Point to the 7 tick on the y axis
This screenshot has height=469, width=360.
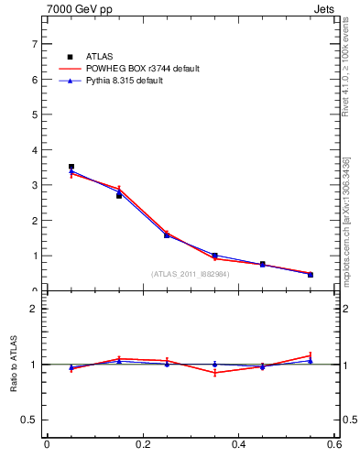pos(35,44)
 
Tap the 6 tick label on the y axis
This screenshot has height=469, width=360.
pos(35,80)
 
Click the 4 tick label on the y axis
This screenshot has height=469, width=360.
pos(35,150)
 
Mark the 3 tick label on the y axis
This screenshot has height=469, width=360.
pos(35,185)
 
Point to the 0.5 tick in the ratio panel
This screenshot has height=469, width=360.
pos(31,420)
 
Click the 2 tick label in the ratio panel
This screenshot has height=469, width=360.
pos(35,309)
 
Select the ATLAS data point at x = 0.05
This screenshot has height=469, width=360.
pos(71,167)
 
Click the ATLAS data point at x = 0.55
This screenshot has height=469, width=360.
pos(311,275)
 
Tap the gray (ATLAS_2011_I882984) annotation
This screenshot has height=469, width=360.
pos(191,274)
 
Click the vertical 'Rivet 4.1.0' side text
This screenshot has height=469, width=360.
pos(345,69)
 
